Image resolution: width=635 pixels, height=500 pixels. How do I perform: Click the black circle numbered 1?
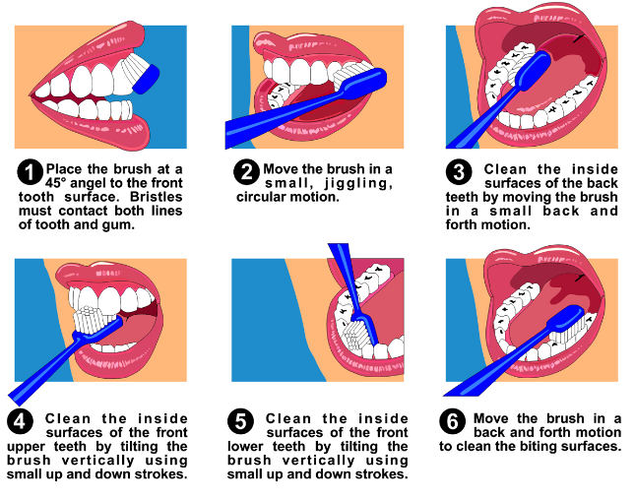[30, 172]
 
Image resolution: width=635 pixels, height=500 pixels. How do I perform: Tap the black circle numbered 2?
[247, 172]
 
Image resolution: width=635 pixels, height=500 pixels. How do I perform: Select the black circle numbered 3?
[459, 172]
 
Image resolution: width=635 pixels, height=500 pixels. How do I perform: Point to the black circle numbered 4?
[20, 421]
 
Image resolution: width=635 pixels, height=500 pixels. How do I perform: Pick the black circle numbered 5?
[240, 421]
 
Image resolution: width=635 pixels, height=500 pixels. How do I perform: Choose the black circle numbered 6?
[452, 421]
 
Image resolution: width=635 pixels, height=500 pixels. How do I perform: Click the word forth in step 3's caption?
[460, 224]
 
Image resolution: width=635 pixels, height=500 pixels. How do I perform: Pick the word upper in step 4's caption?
[27, 448]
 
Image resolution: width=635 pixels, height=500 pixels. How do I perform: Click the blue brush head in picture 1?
[146, 80]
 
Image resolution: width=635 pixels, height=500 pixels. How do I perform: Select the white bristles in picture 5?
[356, 334]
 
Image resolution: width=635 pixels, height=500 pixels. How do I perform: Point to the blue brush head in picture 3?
[533, 72]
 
